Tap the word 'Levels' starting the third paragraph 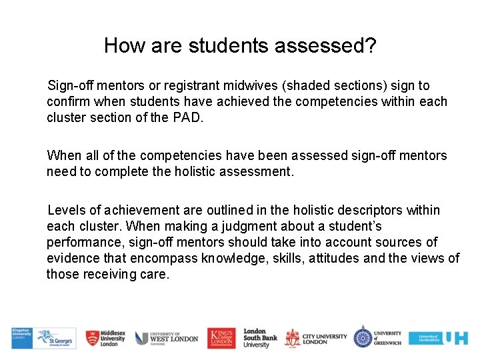click(65, 210)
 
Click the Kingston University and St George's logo click(43, 339)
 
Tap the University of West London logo click(167, 338)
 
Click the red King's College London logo click(221, 338)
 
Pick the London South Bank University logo click(260, 338)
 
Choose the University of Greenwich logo click(378, 338)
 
